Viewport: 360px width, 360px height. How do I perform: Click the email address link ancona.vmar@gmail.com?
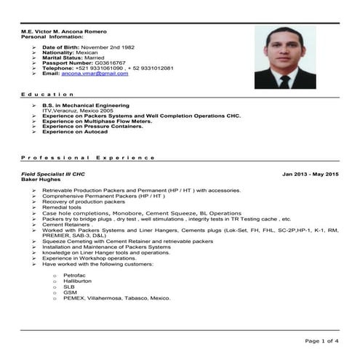pyautogui.click(x=95, y=73)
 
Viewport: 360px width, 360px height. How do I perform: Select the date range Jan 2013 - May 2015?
pyautogui.click(x=311, y=174)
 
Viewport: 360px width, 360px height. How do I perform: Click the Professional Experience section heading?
pyautogui.click(x=88, y=157)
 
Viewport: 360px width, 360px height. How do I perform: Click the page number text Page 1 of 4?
pyautogui.click(x=321, y=340)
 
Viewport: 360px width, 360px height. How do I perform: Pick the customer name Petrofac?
pyautogui.click(x=76, y=276)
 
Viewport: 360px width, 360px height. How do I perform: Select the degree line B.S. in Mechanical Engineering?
pyautogui.click(x=86, y=105)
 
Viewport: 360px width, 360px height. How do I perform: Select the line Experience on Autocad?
pyautogui.click(x=75, y=132)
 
